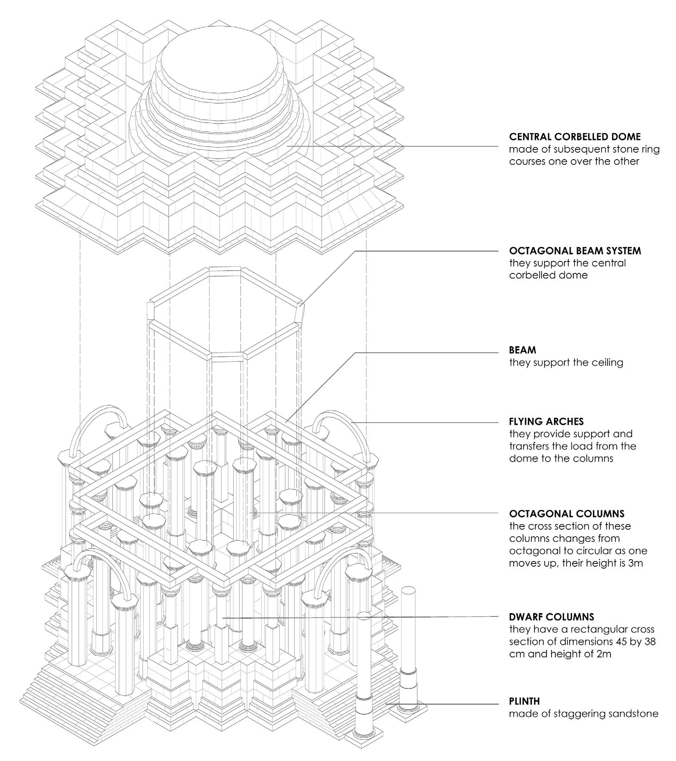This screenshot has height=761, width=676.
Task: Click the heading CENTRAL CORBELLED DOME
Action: pyautogui.click(x=575, y=137)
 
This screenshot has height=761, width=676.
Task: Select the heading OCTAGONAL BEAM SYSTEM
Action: pyautogui.click(x=575, y=251)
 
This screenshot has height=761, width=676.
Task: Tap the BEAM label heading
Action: pyautogui.click(x=522, y=350)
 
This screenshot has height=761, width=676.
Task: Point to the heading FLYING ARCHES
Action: pyautogui.click(x=546, y=421)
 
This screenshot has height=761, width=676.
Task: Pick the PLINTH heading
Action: pyautogui.click(x=524, y=701)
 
